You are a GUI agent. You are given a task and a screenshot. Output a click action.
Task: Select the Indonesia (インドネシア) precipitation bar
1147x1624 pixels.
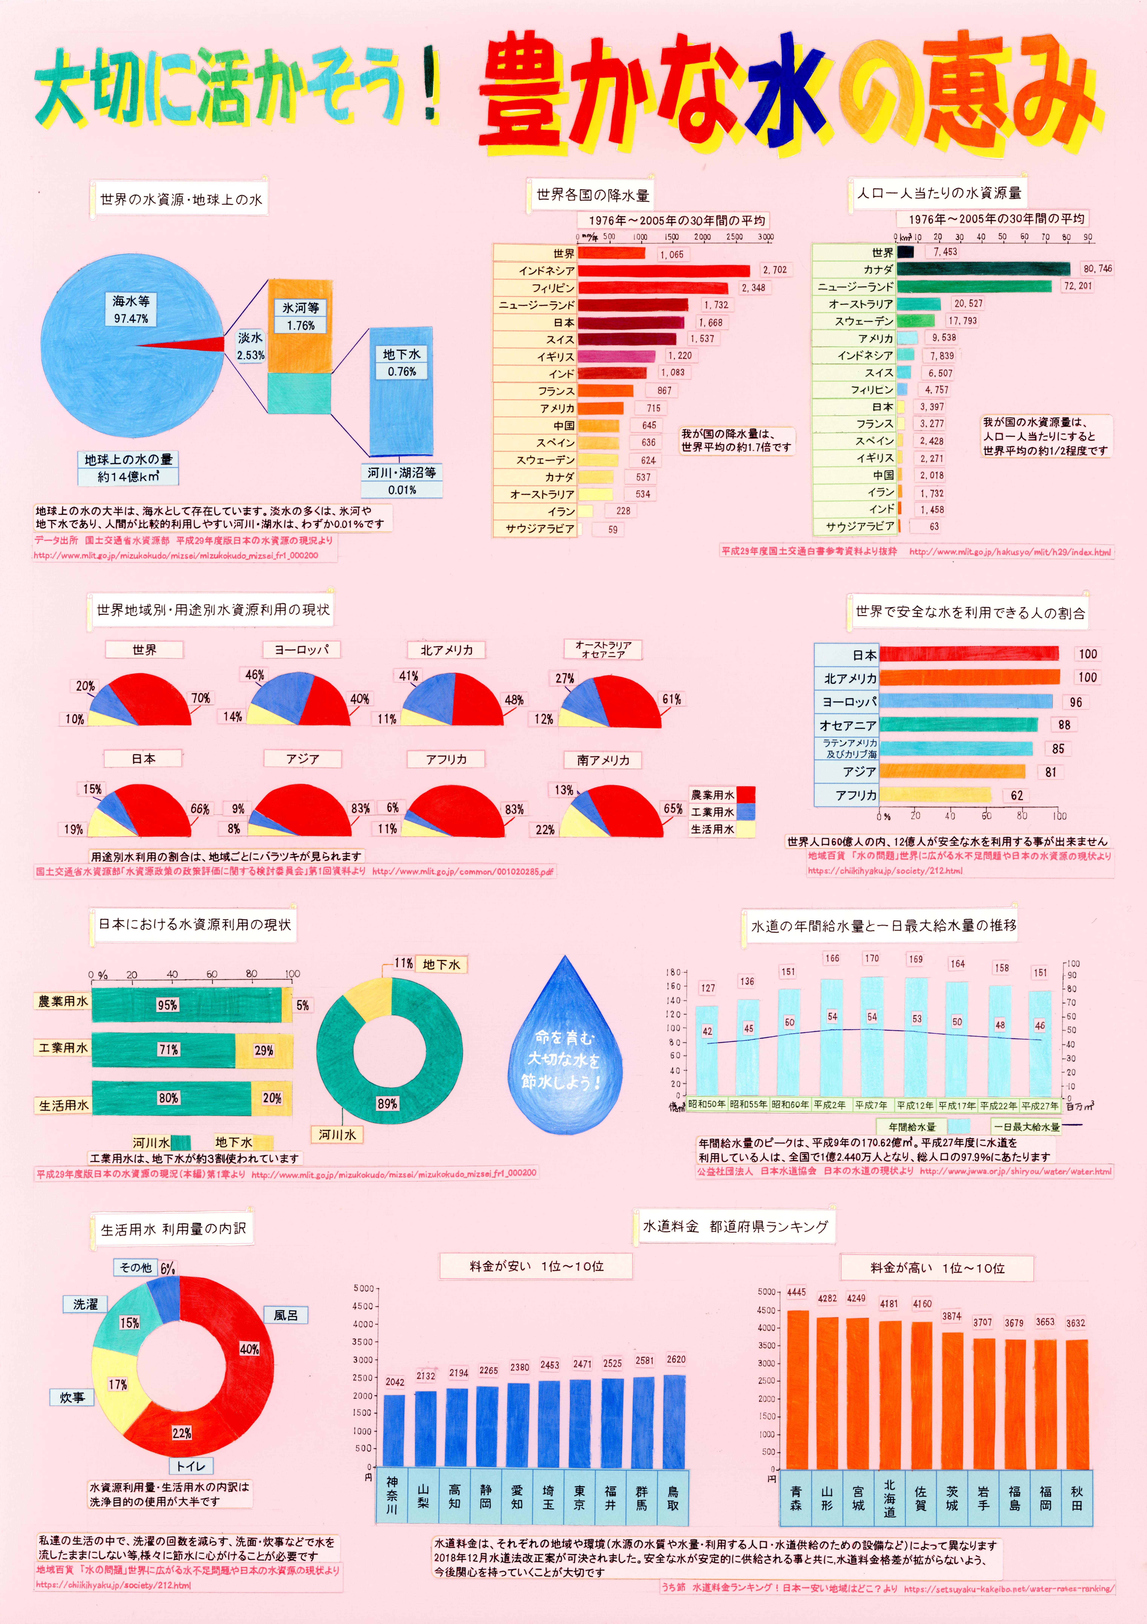pos(663,270)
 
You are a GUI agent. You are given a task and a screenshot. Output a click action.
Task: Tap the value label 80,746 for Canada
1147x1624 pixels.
pos(1097,269)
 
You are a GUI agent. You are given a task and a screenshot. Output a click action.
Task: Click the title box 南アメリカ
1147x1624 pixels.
pos(602,760)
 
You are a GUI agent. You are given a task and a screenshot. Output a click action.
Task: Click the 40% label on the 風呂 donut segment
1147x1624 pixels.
pos(249,1349)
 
